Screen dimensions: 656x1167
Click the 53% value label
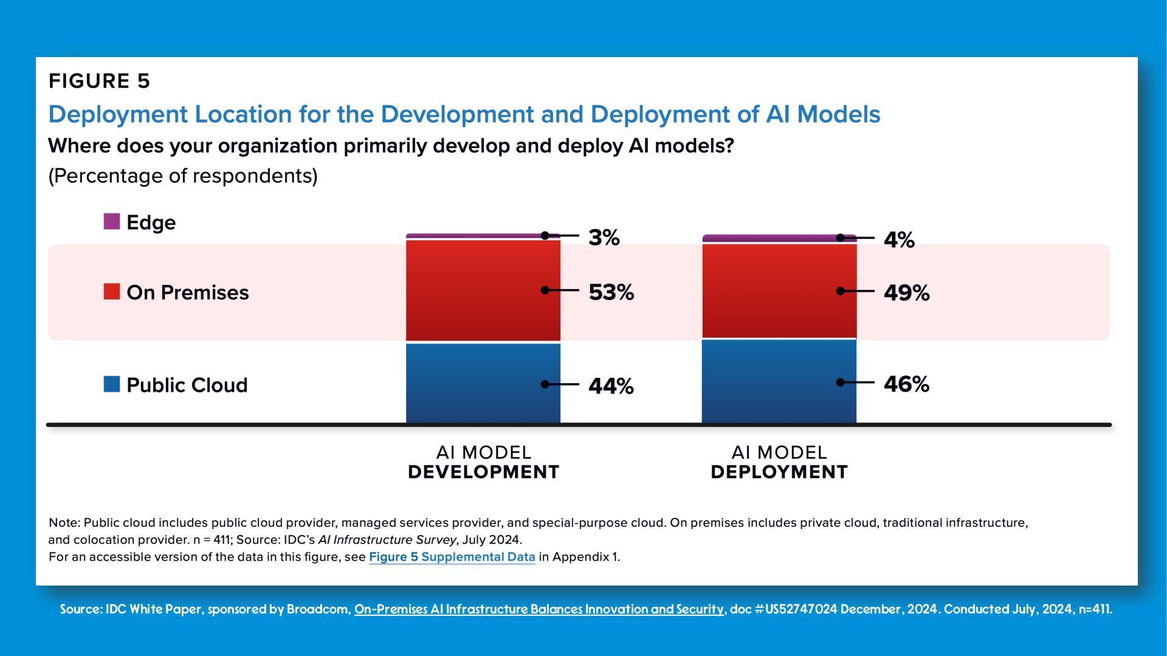click(611, 292)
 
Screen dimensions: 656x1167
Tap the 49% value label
click(906, 293)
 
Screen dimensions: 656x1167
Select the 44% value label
click(611, 386)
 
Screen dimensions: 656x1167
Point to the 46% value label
click(906, 384)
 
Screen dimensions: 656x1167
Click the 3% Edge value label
click(604, 237)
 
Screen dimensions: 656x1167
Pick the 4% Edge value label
click(899, 240)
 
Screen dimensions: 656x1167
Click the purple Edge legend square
click(112, 222)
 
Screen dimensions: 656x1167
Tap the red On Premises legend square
click(112, 292)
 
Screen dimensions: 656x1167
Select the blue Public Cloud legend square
click(112, 384)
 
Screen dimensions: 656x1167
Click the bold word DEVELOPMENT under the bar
click(483, 472)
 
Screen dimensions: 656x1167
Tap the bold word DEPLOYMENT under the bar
click(779, 472)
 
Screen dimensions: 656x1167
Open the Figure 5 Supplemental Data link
click(452, 557)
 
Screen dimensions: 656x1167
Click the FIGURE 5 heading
click(99, 81)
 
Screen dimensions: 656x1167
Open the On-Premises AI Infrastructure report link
click(539, 609)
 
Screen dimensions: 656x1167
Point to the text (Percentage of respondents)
click(183, 176)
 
